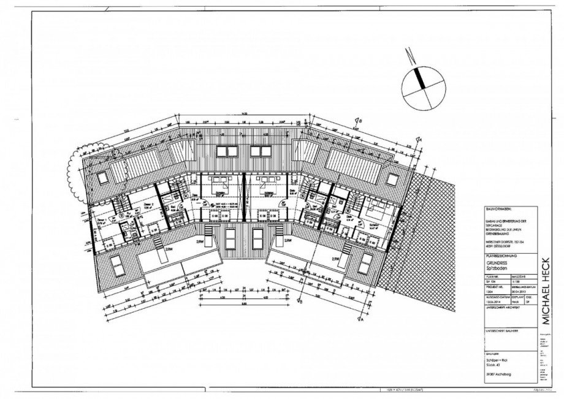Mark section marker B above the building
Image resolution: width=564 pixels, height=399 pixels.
[360, 122]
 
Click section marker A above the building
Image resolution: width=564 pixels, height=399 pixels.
[421, 138]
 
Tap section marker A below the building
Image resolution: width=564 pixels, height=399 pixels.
[362, 318]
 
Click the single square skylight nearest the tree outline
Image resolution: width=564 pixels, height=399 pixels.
[102, 177]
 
